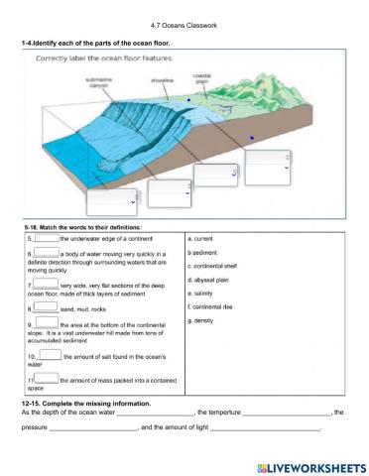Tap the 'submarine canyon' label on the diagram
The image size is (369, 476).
tap(98, 82)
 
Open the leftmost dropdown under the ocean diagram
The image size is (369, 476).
tap(111, 201)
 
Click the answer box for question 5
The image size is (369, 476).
tap(46, 239)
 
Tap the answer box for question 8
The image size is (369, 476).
tap(46, 308)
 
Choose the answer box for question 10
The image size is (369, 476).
tap(50, 355)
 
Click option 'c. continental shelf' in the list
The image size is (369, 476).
tap(212, 266)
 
